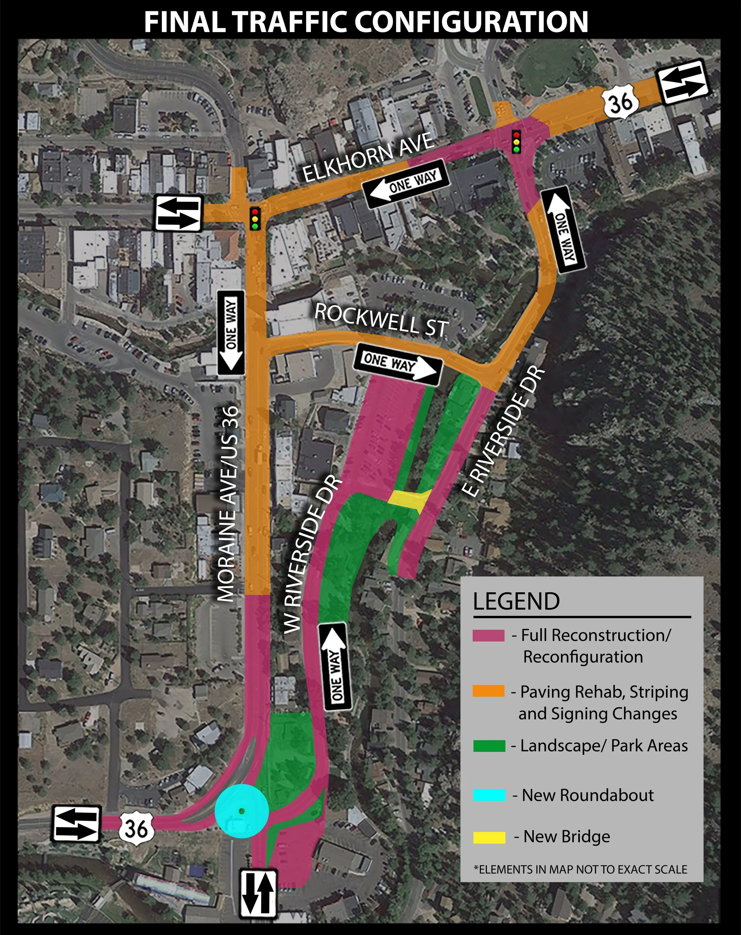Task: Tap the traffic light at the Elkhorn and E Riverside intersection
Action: pos(516,141)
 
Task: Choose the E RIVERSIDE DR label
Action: pos(503,432)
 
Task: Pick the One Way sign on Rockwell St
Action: pos(397,363)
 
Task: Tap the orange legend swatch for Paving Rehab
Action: pos(489,691)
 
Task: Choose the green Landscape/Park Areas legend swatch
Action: pos(489,746)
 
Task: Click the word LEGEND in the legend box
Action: pos(516,601)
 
